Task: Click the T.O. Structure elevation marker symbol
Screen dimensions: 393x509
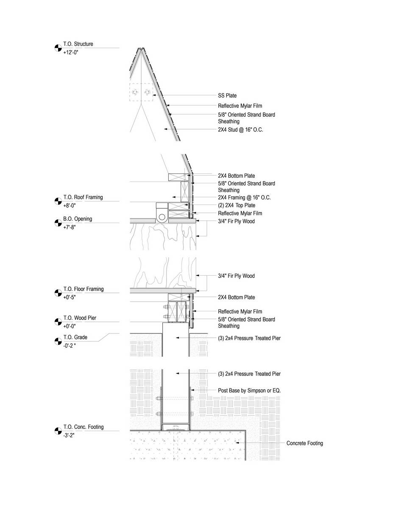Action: point(58,48)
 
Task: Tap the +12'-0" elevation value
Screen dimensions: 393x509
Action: point(70,53)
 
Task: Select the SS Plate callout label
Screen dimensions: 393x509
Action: point(227,95)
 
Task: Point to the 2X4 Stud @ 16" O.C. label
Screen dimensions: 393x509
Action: point(240,129)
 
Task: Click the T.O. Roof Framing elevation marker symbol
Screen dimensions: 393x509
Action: point(58,201)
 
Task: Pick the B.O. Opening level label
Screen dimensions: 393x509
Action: point(78,219)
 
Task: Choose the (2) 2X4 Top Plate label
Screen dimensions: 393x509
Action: point(237,205)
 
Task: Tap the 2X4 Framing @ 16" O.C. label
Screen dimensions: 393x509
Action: point(244,198)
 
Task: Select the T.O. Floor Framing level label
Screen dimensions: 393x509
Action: point(84,289)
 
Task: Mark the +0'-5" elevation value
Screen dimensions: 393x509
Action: point(69,297)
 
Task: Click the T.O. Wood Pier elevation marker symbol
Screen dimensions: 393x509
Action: point(58,322)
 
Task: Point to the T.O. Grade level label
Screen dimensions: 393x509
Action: point(75,337)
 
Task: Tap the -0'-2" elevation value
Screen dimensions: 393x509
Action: point(69,346)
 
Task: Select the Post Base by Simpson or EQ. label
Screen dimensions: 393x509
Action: point(249,391)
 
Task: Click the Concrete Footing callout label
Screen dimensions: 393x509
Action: point(304,443)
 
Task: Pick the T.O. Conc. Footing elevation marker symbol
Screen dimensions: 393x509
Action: point(58,431)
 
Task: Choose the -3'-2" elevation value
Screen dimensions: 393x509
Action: point(69,435)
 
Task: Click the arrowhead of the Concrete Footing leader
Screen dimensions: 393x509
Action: point(237,443)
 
